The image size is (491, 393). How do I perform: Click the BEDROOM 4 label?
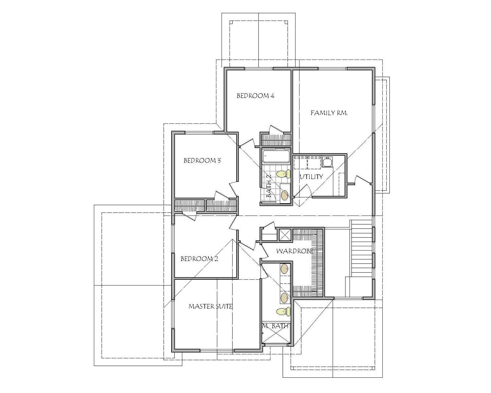click(x=255, y=96)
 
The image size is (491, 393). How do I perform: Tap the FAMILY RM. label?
click(x=329, y=113)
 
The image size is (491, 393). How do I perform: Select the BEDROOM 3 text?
click(x=202, y=160)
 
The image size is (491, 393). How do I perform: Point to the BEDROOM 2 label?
click(x=199, y=259)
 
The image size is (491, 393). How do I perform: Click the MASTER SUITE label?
click(x=210, y=307)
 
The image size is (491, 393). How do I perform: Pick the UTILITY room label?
click(x=311, y=177)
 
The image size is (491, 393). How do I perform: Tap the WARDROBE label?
click(x=295, y=251)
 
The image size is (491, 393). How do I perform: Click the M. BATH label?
click(x=275, y=326)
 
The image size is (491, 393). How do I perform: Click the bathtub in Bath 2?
click(x=276, y=157)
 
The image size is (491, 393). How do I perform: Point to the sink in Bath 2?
click(x=285, y=195)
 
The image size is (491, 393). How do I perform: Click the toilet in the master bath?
click(x=283, y=311)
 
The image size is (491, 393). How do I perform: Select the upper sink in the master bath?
click(x=284, y=269)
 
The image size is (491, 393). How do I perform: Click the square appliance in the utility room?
click(x=327, y=162)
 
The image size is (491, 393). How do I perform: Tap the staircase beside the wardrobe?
click(x=361, y=249)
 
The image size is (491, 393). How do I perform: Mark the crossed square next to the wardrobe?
click(x=284, y=234)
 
